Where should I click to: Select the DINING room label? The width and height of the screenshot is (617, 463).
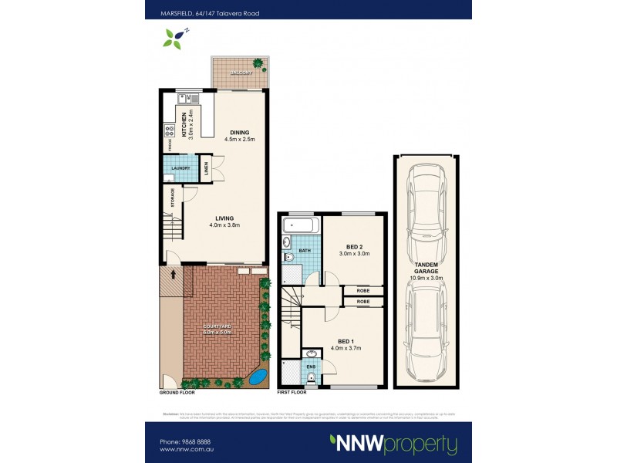point(238,131)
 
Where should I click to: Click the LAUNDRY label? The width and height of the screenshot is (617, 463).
point(180,167)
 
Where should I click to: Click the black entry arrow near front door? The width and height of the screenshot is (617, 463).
point(173,272)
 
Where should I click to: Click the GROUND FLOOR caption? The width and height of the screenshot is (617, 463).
point(177,392)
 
